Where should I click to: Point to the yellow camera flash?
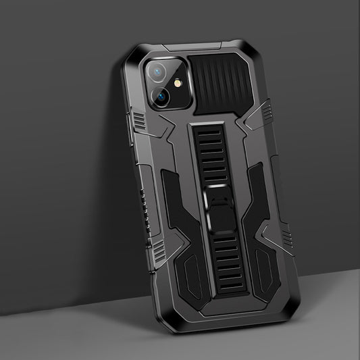(x=179, y=85)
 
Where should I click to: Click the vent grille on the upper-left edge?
(x=137, y=126)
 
